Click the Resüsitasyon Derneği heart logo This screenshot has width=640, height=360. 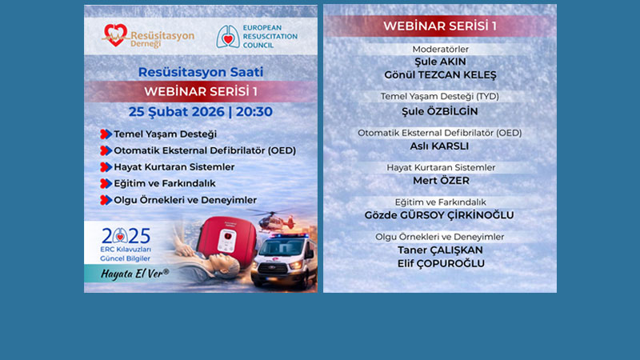115,34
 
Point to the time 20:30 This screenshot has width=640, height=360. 254,111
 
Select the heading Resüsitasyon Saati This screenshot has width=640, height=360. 200,72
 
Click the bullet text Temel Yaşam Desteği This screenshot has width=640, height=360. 165,134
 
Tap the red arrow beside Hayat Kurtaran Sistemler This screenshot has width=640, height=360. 105,167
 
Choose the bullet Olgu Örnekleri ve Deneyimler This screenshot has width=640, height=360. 185,199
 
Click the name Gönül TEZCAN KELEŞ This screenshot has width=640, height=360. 440,75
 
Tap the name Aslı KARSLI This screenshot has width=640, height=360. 440,146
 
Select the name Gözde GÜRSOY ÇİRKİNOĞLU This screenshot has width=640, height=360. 440,215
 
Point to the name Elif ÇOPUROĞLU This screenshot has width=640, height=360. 440,263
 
